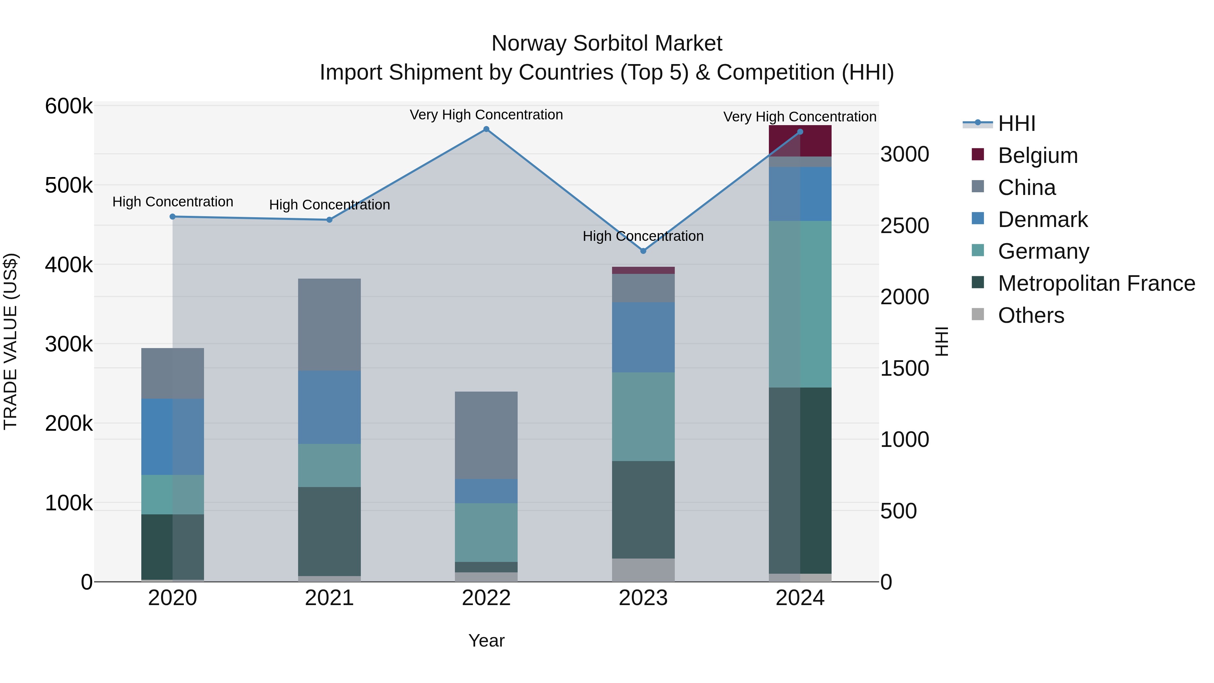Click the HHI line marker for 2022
(x=486, y=129)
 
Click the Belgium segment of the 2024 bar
(x=800, y=140)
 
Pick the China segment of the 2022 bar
(x=486, y=435)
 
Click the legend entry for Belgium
(x=1037, y=155)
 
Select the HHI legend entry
(x=1016, y=123)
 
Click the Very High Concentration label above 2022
(x=486, y=115)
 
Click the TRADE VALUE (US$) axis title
(x=11, y=341)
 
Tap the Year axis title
(x=486, y=641)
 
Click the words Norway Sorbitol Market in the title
(x=607, y=44)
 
